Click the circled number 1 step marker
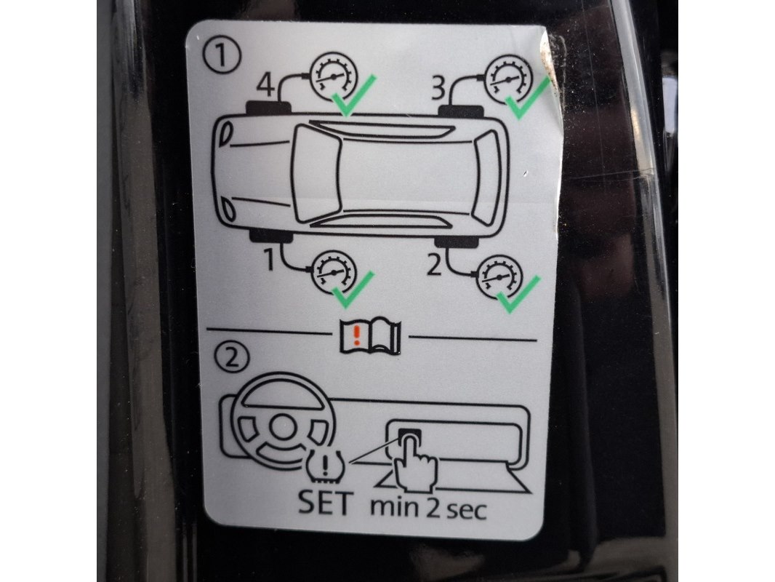(222, 55)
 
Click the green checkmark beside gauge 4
(353, 96)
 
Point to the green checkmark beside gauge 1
(353, 290)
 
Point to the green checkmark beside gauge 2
(518, 295)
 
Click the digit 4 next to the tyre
(266, 85)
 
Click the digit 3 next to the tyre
(439, 89)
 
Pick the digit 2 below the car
(434, 265)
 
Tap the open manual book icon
(370, 338)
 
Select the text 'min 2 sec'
(428, 509)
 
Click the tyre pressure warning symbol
(325, 466)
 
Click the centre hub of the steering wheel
(282, 427)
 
